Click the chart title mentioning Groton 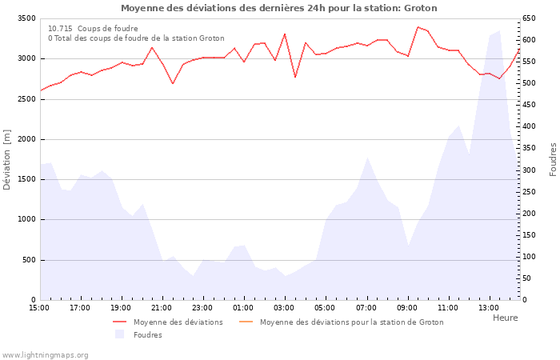(279, 8)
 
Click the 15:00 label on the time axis (39, 307)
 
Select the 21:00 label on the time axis (162, 307)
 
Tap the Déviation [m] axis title (7, 159)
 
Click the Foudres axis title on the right (553, 159)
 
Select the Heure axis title (505, 318)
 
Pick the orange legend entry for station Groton (351, 322)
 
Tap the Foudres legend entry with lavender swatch (147, 334)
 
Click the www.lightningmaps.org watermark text (45, 354)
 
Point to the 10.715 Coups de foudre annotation (93, 28)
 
